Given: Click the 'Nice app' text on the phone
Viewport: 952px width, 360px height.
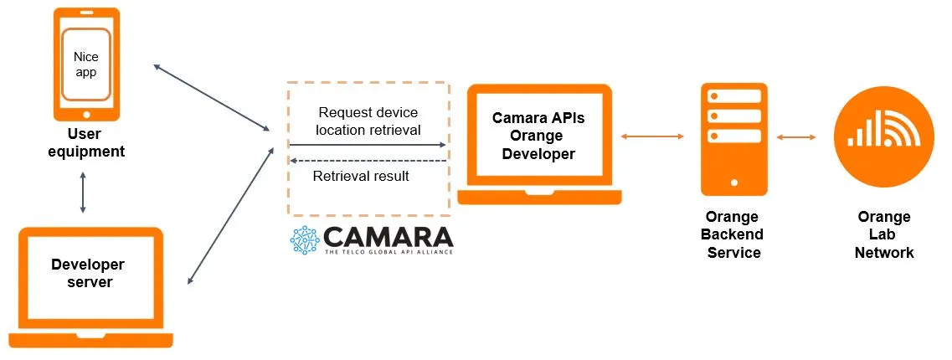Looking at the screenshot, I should [x=85, y=65].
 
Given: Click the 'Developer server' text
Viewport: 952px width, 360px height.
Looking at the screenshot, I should [x=87, y=273].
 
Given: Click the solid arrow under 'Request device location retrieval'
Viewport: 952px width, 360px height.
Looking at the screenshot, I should [x=368, y=145].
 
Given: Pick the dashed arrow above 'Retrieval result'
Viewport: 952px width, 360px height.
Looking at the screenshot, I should [x=368, y=160].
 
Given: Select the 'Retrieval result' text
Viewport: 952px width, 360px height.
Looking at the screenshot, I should [x=361, y=176].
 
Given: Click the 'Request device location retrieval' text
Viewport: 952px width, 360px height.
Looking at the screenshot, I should [x=368, y=121].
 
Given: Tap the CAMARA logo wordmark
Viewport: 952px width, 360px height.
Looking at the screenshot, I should [x=388, y=236].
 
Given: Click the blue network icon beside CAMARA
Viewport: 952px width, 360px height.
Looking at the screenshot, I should [x=305, y=239].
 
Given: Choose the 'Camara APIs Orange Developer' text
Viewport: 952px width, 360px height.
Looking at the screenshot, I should [x=538, y=136].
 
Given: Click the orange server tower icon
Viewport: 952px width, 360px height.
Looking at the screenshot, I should [x=734, y=138].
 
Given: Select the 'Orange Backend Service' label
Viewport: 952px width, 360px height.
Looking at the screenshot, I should [x=733, y=234].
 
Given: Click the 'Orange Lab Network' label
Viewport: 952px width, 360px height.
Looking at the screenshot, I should [x=883, y=234].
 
